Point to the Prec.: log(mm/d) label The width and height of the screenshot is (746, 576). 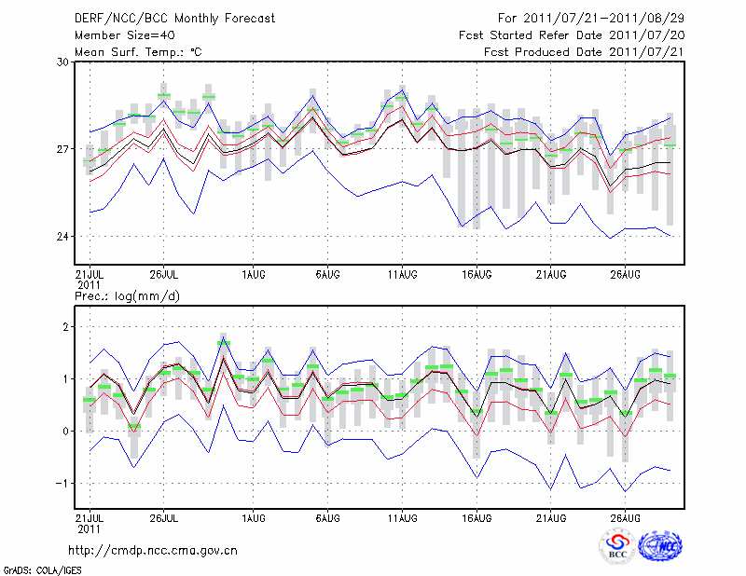coord(128,295)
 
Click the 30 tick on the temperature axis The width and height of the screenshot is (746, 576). coord(63,62)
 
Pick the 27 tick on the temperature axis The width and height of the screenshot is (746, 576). coord(63,149)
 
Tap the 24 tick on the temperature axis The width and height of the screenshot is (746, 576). coord(63,237)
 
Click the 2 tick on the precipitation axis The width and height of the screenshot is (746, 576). coord(66,327)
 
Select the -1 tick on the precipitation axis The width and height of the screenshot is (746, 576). coord(63,483)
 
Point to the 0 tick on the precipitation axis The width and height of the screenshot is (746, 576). coord(66,432)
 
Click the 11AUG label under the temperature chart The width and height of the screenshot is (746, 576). coord(402,274)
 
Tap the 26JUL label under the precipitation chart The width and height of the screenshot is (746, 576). coord(163,516)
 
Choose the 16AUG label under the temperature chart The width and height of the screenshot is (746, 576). coord(477,274)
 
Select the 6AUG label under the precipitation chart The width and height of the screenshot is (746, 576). coord(327,516)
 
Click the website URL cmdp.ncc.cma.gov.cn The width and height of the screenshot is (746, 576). coord(153,550)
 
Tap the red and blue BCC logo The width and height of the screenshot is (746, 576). coord(617,545)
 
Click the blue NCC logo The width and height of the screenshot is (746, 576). coord(660,545)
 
